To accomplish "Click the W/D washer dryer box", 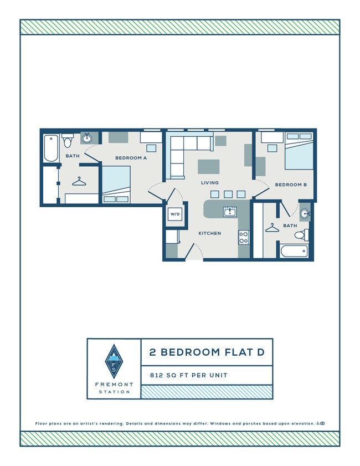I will [x=175, y=214].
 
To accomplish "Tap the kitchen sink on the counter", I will [x=230, y=212].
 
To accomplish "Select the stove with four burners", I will [x=243, y=237].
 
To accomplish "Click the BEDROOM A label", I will [x=131, y=158].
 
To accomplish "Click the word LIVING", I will [x=210, y=182].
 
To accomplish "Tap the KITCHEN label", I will [x=210, y=233].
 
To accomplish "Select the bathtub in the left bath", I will [x=51, y=148].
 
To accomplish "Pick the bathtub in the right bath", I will [x=294, y=251].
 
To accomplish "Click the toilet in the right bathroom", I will [x=300, y=235].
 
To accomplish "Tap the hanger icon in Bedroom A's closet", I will [x=80, y=181].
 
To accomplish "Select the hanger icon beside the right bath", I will [x=272, y=227].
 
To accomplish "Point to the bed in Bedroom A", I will [x=116, y=184].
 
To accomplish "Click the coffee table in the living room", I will [x=208, y=166].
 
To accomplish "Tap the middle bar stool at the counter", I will [x=228, y=194].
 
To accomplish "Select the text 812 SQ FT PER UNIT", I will [x=189, y=375].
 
